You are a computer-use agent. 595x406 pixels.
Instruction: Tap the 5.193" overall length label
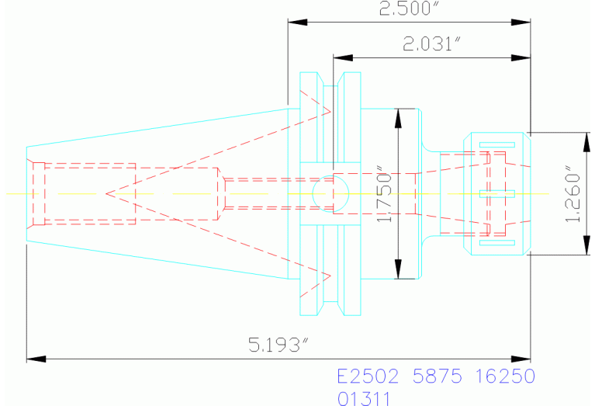pos(278,345)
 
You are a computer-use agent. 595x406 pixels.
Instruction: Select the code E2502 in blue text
pos(368,376)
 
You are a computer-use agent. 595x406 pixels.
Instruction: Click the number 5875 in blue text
pos(438,376)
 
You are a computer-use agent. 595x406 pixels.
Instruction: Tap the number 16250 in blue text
pos(505,376)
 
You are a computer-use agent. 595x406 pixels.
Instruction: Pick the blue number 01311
pos(364,399)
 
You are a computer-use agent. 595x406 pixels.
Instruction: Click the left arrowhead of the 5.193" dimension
pos(36,359)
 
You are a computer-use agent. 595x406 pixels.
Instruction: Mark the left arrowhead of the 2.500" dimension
pos(298,22)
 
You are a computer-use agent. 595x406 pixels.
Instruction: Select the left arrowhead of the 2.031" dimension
pos(343,57)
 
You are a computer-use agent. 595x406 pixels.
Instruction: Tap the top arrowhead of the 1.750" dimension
pos(398,118)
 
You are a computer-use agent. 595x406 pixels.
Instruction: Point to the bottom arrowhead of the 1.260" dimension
pos(586,245)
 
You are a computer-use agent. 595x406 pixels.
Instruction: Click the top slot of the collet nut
pos(497,144)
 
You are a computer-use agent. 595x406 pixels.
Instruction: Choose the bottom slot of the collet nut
pos(497,243)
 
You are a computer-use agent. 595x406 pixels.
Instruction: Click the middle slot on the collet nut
pos(497,194)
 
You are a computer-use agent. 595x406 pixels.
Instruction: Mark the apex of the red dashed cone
pos(106,194)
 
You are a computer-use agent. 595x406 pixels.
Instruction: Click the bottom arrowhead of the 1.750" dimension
pos(398,269)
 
